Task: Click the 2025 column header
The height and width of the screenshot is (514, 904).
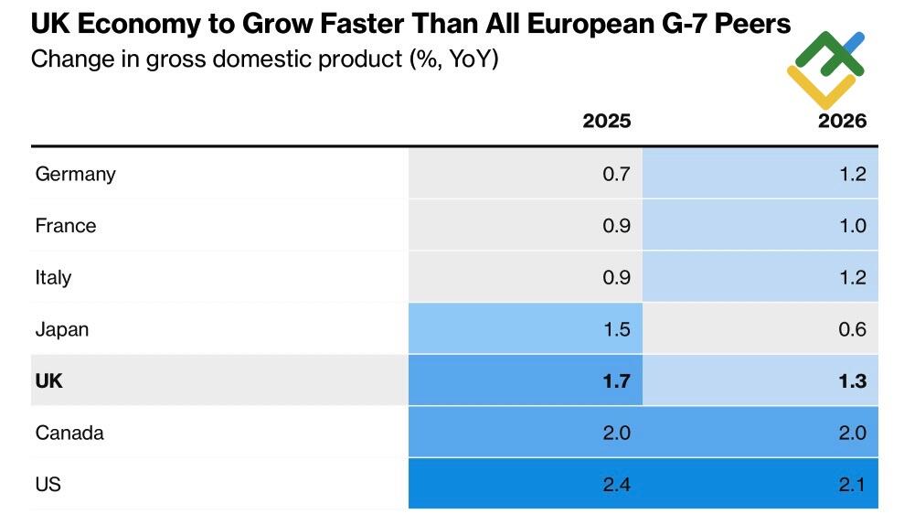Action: click(x=607, y=121)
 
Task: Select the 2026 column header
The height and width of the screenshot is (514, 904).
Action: click(x=842, y=121)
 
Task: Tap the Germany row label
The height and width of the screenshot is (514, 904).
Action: click(x=75, y=174)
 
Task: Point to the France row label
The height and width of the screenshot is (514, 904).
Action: click(x=65, y=226)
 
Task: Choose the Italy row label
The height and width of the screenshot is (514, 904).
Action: click(x=53, y=277)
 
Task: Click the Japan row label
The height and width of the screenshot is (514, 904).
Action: click(x=61, y=329)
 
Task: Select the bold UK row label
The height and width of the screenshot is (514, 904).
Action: click(x=49, y=380)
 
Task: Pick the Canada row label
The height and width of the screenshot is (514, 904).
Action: click(x=69, y=433)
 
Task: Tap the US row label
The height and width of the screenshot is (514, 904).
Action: click(x=48, y=484)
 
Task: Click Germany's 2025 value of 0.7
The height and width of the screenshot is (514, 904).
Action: click(x=617, y=174)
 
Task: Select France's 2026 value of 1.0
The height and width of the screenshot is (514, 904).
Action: click(x=852, y=226)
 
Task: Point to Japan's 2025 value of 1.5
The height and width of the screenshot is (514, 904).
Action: click(x=617, y=329)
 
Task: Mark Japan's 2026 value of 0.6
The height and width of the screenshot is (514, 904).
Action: click(x=852, y=329)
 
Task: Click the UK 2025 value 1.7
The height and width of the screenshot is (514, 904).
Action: click(x=617, y=380)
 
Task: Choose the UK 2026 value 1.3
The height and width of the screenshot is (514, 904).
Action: click(x=852, y=380)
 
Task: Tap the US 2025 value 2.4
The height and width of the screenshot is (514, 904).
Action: click(x=617, y=484)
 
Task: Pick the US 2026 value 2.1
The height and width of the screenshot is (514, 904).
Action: click(x=852, y=484)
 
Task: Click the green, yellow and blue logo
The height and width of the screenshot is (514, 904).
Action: click(x=825, y=69)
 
